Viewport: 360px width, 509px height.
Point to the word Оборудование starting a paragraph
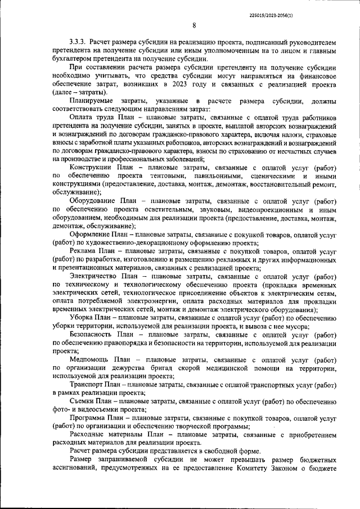94,201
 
